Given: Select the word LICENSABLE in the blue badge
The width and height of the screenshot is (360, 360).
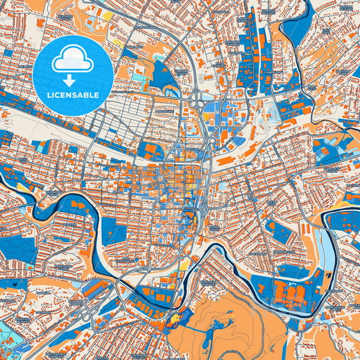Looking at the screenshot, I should tap(72, 95).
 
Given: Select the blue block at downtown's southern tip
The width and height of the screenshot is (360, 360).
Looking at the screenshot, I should tap(187, 220).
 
